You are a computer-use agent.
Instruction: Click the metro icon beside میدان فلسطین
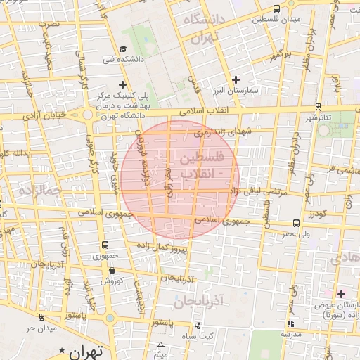[276, 9]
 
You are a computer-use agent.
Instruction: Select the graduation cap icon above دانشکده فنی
[123, 49]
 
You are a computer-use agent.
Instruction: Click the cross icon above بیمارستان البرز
[236, 80]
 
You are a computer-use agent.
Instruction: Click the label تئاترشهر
[318, 117]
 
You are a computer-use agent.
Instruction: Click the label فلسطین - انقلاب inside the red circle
[202, 163]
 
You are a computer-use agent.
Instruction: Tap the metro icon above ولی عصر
[296, 223]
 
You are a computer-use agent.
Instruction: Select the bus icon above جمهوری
[105, 245]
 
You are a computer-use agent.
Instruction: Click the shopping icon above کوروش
[112, 270]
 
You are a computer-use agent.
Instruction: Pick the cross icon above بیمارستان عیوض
[342, 294]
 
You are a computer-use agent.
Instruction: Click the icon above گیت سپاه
[198, 326]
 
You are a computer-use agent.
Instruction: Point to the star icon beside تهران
[63, 350]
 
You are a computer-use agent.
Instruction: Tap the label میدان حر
[41, 328]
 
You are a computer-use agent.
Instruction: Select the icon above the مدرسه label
[290, 324]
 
